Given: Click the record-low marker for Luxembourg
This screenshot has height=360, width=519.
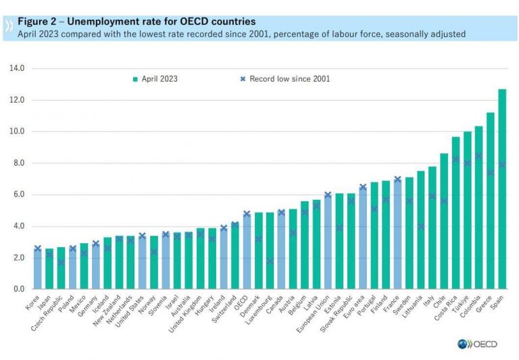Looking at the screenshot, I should coord(270,261).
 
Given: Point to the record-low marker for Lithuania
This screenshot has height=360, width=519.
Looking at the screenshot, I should coord(421,226).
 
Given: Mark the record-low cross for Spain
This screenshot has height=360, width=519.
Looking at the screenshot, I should coord(502,164).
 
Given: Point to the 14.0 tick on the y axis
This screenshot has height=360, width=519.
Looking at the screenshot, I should coord(17,68).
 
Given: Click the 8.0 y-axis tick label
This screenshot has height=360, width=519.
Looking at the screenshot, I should coord(18,163).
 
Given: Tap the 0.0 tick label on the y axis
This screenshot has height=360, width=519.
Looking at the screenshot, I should coord(18,289).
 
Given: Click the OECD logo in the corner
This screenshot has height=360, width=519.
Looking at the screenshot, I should coord(477,344).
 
